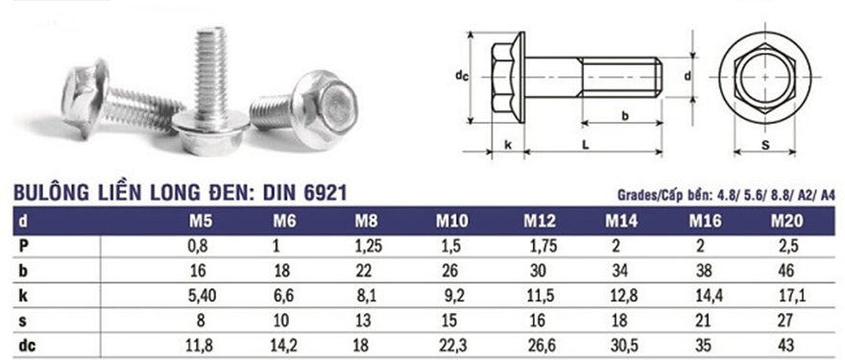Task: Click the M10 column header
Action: [x=452, y=221]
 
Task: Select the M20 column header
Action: [x=786, y=221]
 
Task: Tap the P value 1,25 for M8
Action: [x=369, y=247]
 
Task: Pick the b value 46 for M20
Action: [x=786, y=271]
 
